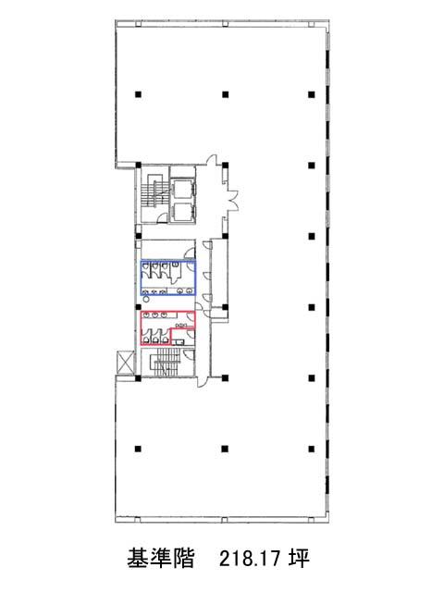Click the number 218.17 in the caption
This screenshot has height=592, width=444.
(x=251, y=559)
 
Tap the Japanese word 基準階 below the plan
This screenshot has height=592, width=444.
(x=161, y=559)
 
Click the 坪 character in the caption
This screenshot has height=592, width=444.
(x=300, y=559)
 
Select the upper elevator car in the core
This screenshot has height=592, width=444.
(x=183, y=189)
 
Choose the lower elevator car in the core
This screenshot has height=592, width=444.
(x=183, y=213)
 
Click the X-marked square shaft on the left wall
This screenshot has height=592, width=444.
(x=126, y=363)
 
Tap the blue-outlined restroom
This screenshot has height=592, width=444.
(x=168, y=277)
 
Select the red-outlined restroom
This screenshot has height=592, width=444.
(x=168, y=327)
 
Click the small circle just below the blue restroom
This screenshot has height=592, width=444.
(x=146, y=299)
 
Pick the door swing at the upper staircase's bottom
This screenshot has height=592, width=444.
(x=163, y=218)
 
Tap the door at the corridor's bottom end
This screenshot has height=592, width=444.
(x=202, y=381)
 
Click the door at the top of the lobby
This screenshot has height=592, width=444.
(x=212, y=159)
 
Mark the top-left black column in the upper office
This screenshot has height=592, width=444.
(x=138, y=94)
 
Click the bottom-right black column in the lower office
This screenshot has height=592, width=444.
(x=312, y=449)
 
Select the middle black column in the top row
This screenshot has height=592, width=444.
(x=225, y=94)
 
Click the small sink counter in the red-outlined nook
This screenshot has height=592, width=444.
(x=179, y=342)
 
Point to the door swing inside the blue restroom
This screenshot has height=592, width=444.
(x=175, y=275)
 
